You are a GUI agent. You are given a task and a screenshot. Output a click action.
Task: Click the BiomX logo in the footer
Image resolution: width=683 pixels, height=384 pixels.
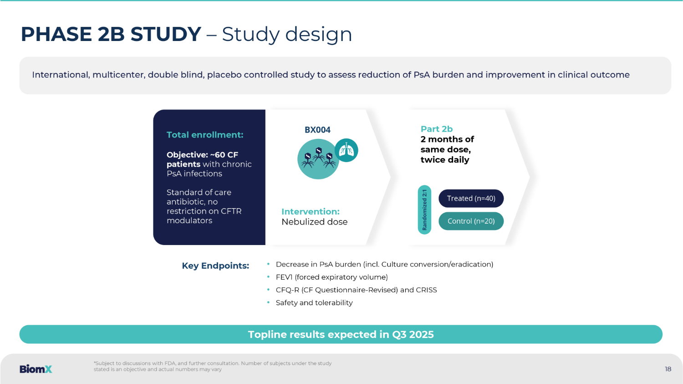[x=36, y=369]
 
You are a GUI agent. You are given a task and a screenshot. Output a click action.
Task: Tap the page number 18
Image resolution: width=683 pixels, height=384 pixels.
[x=668, y=369]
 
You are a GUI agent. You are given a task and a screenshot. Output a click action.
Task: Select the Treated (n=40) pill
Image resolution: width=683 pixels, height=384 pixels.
[x=471, y=198]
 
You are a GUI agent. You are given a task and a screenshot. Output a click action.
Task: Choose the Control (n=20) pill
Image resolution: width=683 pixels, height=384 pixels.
[x=471, y=221]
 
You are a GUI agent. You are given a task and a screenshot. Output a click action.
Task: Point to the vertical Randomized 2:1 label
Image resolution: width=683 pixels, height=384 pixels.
[x=424, y=210]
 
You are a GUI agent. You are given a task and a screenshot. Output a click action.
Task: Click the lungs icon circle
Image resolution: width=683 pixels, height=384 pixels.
[x=347, y=150]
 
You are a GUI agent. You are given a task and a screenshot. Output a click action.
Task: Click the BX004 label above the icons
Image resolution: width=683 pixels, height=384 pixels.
[x=317, y=130]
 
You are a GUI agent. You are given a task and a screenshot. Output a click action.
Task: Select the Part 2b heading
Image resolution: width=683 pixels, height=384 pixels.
[x=437, y=129]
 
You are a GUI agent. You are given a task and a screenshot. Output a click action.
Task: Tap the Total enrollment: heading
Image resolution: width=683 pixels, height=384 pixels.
[x=205, y=135]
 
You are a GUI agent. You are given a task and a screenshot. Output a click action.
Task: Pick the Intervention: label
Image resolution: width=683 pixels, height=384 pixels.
[x=311, y=212]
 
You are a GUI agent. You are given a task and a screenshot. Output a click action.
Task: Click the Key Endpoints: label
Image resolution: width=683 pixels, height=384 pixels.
[x=215, y=266]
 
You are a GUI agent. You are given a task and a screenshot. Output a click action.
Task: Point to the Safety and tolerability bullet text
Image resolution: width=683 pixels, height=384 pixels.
[x=314, y=303]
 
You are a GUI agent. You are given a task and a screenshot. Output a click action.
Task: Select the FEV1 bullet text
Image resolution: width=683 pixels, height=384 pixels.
[x=332, y=277]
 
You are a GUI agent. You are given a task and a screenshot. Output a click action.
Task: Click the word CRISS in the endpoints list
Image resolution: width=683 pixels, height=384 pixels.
[x=426, y=290]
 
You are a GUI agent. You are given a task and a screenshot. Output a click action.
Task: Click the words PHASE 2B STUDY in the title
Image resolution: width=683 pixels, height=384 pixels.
[x=111, y=34]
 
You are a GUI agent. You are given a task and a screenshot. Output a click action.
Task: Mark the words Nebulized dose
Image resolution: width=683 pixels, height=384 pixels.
[x=314, y=222]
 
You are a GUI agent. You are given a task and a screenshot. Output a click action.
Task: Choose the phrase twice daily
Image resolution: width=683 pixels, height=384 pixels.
[x=445, y=160]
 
